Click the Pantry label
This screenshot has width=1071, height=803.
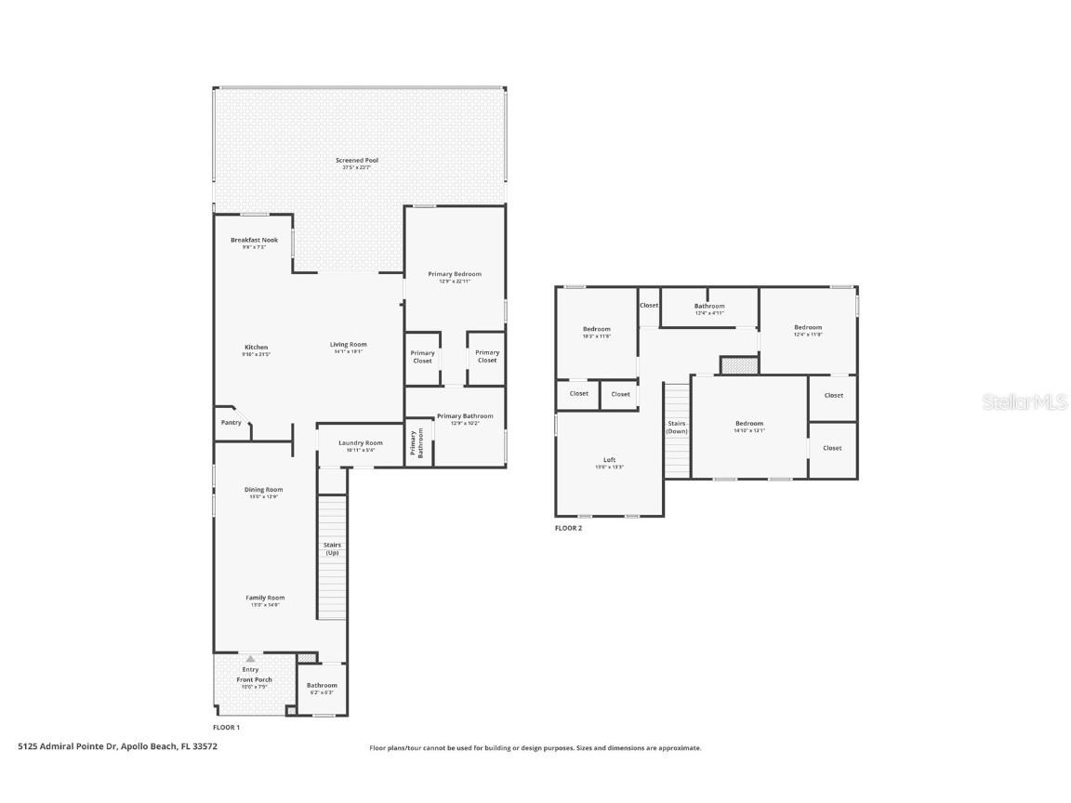(231, 423)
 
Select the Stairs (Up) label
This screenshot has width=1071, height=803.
(332, 548)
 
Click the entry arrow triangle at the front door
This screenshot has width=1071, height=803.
(250, 659)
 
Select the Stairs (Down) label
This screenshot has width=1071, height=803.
(677, 428)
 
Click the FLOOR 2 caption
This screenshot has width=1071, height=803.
(568, 528)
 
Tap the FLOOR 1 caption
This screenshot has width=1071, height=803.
(226, 727)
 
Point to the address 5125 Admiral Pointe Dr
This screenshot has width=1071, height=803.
(117, 745)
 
